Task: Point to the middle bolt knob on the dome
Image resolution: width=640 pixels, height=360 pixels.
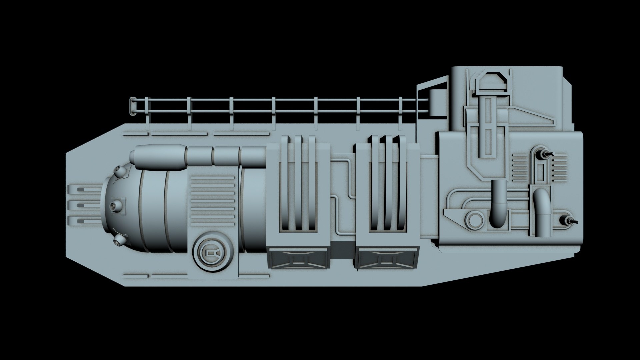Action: (x=116, y=206)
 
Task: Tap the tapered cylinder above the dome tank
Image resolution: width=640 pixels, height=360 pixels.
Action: (x=158, y=156)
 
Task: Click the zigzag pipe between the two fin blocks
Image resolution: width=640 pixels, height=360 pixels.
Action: (x=343, y=197)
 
